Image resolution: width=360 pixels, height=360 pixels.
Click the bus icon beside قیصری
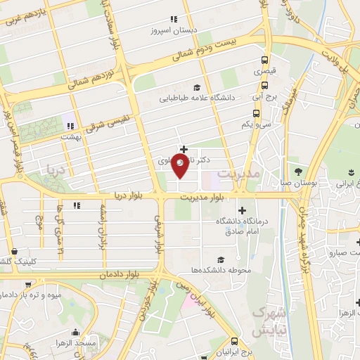click(x=264, y=60)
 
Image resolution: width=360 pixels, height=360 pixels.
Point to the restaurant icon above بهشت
click(x=70, y=127)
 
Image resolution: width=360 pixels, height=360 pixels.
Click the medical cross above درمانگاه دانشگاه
click(x=242, y=210)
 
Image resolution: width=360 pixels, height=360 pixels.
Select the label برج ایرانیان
click(x=232, y=351)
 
